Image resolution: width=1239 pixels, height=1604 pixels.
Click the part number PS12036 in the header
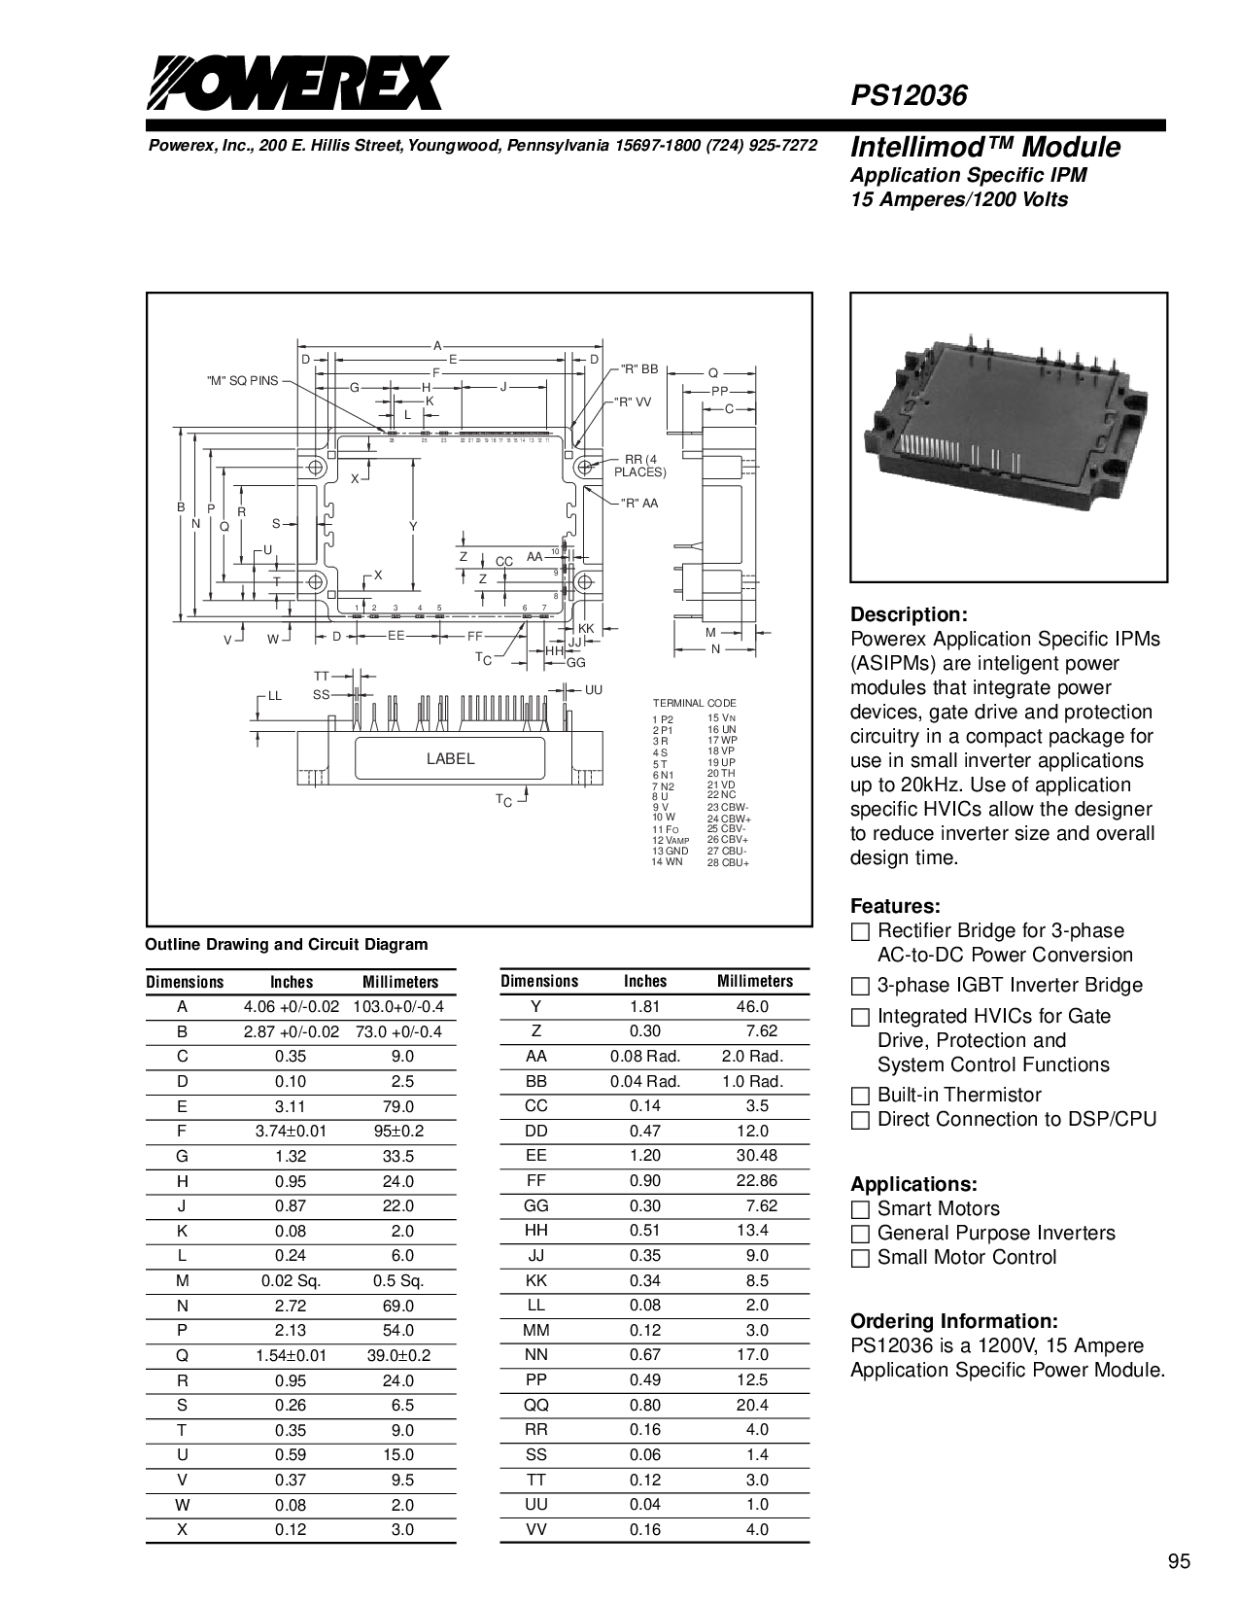[x=909, y=95]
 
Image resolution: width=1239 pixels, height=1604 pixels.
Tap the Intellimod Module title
[x=984, y=147]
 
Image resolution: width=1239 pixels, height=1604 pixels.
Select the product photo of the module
[x=1009, y=437]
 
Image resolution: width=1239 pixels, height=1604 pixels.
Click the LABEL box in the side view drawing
[x=451, y=758]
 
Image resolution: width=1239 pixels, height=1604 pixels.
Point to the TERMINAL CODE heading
[x=694, y=702]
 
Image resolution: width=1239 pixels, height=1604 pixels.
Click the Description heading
[x=909, y=614]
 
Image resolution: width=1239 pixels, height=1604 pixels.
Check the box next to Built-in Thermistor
[x=859, y=1096]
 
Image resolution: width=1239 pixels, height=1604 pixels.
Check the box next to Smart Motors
[x=859, y=1209]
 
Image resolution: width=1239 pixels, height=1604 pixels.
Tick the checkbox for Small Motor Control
[x=859, y=1258]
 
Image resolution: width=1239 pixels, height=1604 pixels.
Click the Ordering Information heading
[x=953, y=1322]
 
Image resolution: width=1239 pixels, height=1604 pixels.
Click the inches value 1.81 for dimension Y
[x=645, y=1006]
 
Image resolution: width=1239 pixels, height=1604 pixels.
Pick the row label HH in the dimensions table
[x=536, y=1231]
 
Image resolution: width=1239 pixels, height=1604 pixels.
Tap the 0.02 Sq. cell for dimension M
[x=292, y=1280]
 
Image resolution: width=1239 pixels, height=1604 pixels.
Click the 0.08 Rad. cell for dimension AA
[x=645, y=1056]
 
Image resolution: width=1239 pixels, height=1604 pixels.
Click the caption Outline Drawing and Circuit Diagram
[x=286, y=944]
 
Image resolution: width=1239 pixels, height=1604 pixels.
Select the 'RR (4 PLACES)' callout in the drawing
[x=638, y=466]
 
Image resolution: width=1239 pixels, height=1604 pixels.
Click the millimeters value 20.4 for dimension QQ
[x=754, y=1405]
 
